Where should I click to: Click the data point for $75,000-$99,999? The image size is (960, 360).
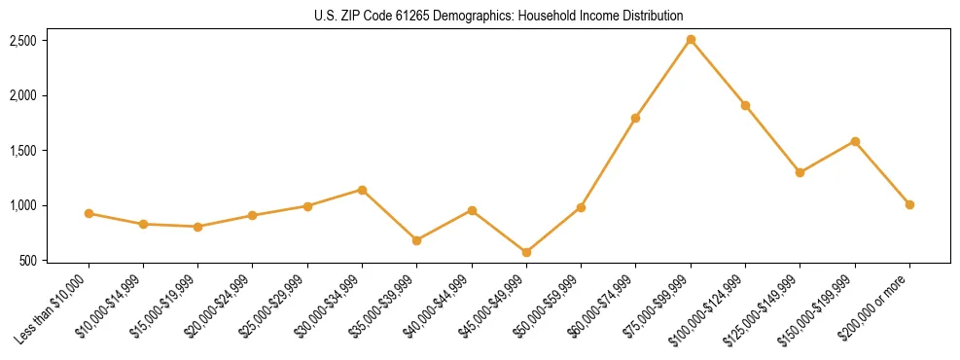(x=691, y=40)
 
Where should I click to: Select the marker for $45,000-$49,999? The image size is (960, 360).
(x=526, y=253)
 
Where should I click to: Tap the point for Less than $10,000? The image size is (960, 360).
(x=89, y=213)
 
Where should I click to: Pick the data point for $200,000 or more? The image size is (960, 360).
(x=909, y=204)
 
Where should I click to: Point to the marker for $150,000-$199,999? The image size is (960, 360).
(x=855, y=141)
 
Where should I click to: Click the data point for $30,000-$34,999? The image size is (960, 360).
(x=362, y=190)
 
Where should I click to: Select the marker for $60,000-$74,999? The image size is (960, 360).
(x=636, y=118)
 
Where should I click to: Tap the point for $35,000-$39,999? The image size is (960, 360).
(x=416, y=240)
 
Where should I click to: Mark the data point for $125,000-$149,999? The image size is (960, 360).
(x=800, y=172)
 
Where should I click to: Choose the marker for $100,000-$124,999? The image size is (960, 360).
(x=745, y=105)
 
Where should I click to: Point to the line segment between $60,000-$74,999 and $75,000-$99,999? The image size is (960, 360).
(x=663, y=79)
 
